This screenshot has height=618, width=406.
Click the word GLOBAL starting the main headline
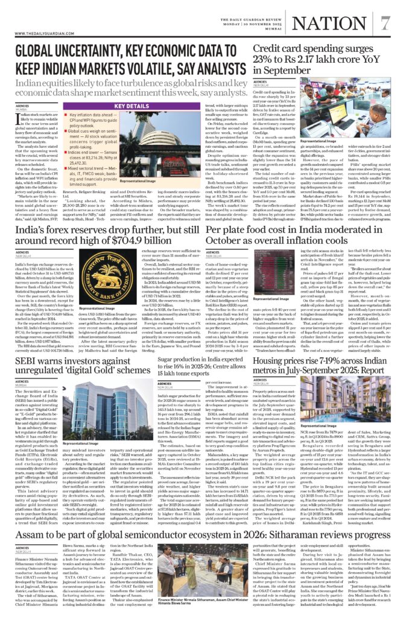[x=37, y=53]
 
